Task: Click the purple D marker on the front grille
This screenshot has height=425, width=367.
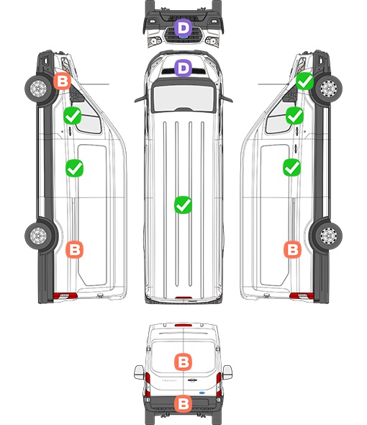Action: [x=183, y=27]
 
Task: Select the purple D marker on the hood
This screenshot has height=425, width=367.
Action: [x=183, y=68]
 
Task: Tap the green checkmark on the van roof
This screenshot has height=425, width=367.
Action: [x=183, y=205]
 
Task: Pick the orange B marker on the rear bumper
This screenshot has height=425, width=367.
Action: [x=183, y=404]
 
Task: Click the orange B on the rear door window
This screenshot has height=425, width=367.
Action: [x=183, y=362]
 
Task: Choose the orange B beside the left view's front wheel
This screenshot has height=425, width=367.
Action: [x=62, y=81]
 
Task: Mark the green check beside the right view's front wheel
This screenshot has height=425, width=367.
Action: [x=304, y=81]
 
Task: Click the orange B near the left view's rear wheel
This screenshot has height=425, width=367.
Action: [x=75, y=249]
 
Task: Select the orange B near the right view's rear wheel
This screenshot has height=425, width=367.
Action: [x=292, y=249]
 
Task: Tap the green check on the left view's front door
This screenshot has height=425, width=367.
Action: [x=72, y=116]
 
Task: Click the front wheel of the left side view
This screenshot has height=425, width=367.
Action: [x=39, y=89]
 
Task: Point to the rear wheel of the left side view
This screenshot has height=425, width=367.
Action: [x=39, y=236]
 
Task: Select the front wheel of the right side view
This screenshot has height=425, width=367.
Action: [x=328, y=89]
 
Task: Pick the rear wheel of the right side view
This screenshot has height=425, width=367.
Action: [x=328, y=236]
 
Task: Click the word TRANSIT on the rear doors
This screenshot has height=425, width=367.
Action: [x=169, y=380]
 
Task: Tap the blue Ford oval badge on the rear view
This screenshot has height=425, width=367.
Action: [x=202, y=393]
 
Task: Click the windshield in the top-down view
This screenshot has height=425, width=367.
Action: [x=183, y=98]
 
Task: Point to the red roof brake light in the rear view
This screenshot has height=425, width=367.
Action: [x=183, y=325]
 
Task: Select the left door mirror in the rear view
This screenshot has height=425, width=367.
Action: [x=139, y=372]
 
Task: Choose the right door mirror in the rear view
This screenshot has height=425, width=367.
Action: [x=227, y=372]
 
